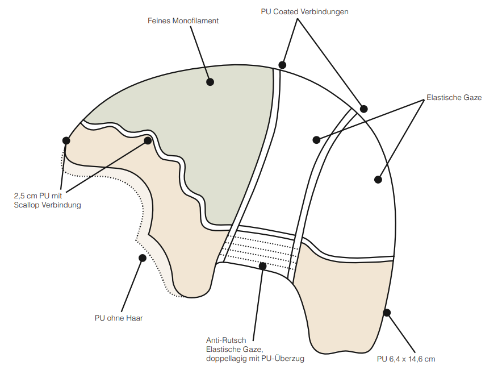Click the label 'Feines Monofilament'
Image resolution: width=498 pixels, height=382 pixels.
coord(182,21)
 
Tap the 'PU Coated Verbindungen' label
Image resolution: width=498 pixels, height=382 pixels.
coord(304,11)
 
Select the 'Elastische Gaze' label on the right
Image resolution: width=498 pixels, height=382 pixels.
coord(453,97)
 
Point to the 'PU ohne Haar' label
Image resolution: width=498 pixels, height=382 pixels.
coord(119,318)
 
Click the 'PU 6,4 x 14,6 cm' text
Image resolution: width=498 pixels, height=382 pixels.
coord(406,359)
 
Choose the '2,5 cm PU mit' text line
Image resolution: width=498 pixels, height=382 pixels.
coord(38,196)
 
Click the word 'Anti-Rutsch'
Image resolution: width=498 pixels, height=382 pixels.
coord(226,341)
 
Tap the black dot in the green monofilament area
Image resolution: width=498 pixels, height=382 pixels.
coord(210,82)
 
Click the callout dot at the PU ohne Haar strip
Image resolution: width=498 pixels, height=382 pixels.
coord(142,258)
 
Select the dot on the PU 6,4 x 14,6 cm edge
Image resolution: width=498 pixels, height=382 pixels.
coord(387,312)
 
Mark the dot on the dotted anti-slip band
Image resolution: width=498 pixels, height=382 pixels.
coord(262,265)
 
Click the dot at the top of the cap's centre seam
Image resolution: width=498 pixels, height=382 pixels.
coord(282,65)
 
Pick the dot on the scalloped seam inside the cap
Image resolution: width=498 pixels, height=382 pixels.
coord(148,140)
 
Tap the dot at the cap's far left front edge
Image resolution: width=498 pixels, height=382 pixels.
coord(66,140)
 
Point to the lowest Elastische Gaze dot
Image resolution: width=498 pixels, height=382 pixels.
coord(378,180)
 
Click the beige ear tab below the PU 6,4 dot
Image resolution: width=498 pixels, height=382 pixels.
coord(341,307)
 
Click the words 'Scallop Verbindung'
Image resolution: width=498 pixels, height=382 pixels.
coord(47,205)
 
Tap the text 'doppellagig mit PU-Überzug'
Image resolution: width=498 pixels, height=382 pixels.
coord(256,359)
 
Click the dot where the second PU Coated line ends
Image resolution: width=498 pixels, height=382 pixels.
coord(364,109)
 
